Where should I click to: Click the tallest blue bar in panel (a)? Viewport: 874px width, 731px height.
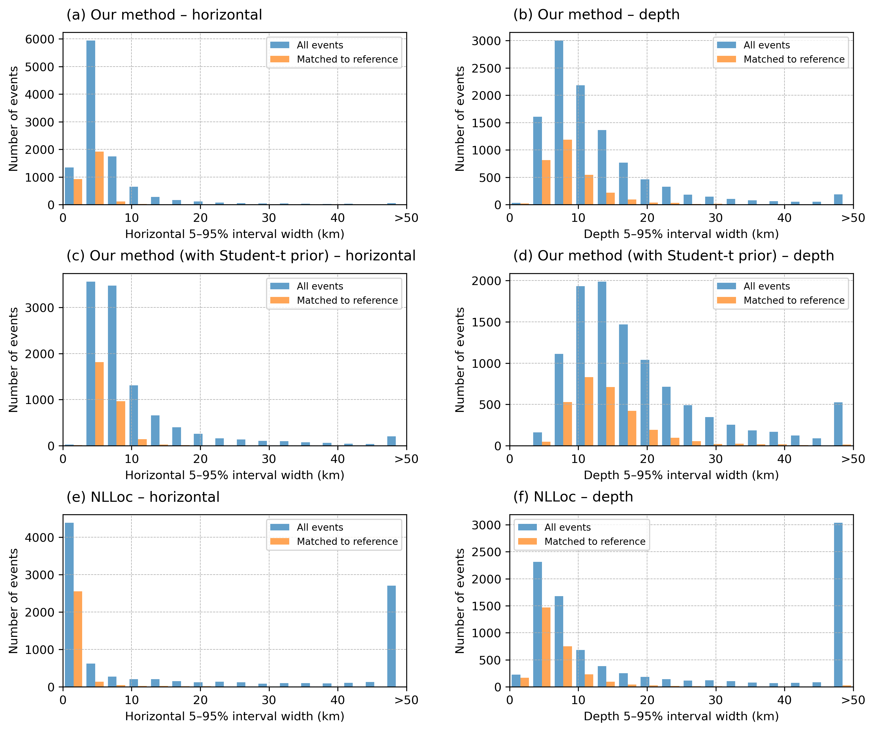tap(91, 122)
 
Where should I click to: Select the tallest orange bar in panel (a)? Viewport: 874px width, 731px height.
tap(99, 178)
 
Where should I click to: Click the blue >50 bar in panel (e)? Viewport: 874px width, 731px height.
tap(391, 636)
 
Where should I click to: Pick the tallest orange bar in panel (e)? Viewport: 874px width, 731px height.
tap(78, 639)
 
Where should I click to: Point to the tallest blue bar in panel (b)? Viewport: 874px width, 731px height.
tap(559, 122)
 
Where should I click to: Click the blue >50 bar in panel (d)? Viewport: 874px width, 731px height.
tap(838, 424)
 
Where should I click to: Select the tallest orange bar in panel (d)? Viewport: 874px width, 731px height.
tap(589, 411)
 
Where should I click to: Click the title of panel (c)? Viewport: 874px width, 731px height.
tap(241, 256)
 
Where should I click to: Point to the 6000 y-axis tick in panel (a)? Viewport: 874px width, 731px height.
tap(40, 39)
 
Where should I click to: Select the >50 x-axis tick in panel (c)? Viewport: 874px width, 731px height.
tap(406, 459)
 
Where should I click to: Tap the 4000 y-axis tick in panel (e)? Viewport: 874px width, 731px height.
tap(40, 537)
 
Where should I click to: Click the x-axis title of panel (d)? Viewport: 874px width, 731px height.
tap(681, 475)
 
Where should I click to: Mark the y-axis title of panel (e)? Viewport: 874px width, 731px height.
tap(13, 601)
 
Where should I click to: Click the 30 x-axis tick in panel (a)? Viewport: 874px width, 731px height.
tap(269, 218)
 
